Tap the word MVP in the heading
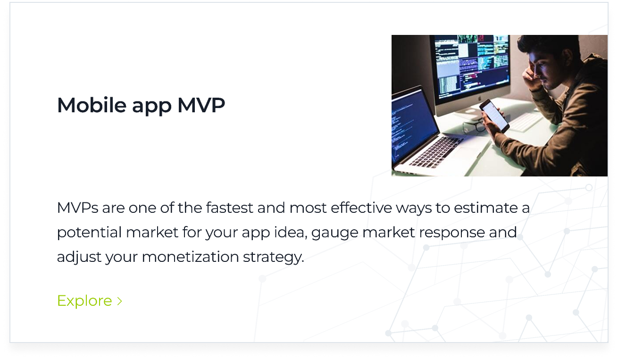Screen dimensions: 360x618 [x=201, y=105]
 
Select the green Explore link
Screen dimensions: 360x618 [x=84, y=301]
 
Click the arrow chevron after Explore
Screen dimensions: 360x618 [x=120, y=301]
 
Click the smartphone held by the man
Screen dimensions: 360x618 [x=494, y=116]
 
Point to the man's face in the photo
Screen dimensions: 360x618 [x=543, y=66]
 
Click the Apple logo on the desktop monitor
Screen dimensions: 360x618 [x=473, y=101]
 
